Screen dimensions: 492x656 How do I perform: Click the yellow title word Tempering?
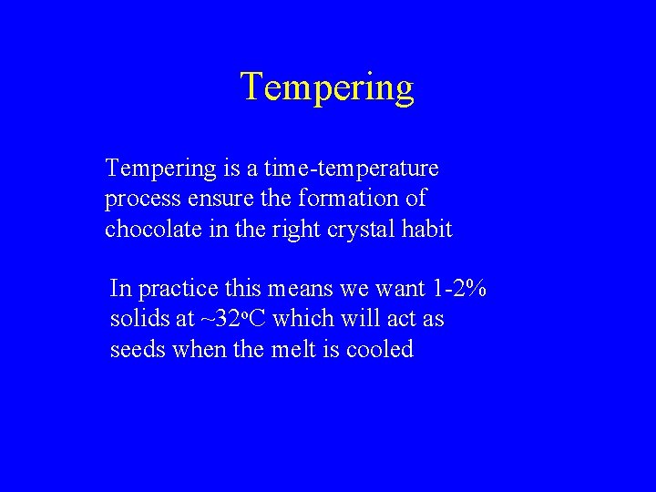[x=327, y=87]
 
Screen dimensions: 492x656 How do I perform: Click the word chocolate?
[x=149, y=229]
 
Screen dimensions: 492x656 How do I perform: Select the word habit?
[x=425, y=229]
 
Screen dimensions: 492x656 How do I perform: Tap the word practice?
[x=177, y=290]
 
